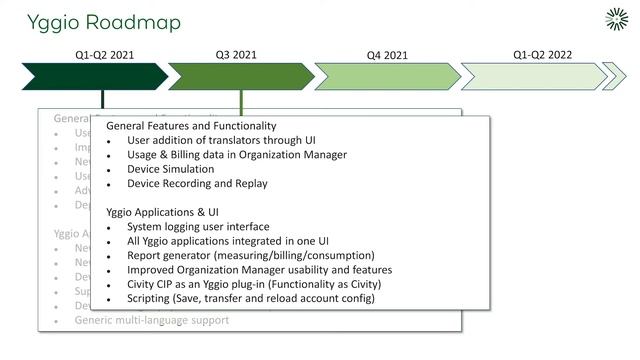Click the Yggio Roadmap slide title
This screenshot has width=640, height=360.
pos(90,21)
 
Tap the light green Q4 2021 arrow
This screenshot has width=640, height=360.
pos(385,76)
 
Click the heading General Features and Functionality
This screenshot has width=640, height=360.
pos(191,126)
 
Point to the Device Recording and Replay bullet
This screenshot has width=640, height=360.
pos(197,183)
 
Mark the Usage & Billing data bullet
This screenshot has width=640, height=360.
pos(237,155)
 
